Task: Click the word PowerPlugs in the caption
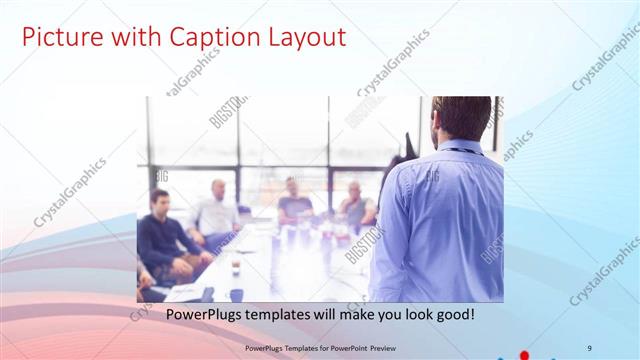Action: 201,314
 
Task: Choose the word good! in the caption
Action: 455,314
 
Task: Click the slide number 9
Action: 590,347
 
